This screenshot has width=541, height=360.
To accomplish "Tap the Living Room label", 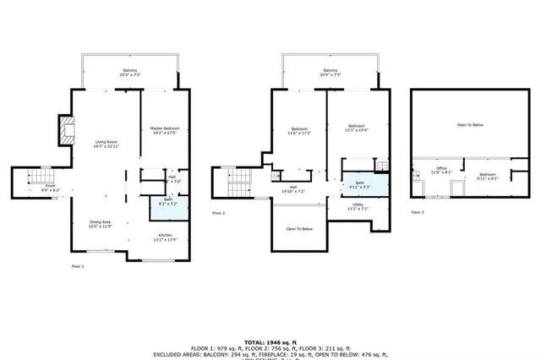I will point(107,143).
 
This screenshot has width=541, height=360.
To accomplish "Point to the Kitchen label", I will point(165,237).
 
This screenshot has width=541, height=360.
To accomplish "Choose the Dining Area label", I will point(101,224).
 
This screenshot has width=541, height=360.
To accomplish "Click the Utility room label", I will point(358,206).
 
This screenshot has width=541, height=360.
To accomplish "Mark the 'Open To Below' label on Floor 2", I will point(299,229).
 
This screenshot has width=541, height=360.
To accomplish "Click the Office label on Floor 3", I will point(441,170).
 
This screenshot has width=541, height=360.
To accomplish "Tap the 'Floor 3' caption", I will point(416,212).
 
